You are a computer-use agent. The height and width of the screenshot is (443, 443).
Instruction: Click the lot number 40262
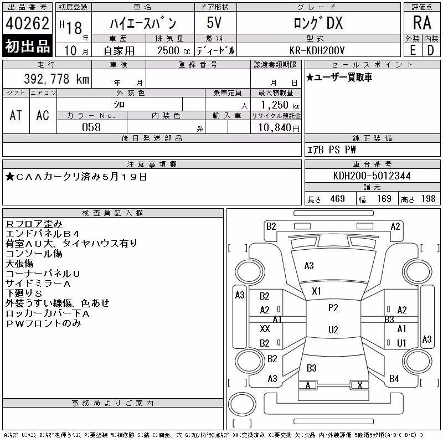point(27,23)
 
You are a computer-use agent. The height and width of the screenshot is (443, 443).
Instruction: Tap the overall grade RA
point(422,23)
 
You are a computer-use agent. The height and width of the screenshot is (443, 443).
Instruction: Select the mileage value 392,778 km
point(56,79)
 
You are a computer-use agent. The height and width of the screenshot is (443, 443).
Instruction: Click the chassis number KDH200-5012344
point(372,176)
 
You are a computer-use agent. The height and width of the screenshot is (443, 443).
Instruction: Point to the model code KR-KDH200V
point(317,50)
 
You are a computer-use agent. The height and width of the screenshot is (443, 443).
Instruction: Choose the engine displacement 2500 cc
point(173,51)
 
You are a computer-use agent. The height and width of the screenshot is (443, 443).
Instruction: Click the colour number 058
point(91,127)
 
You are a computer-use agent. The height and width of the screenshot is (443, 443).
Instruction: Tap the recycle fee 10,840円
point(279,128)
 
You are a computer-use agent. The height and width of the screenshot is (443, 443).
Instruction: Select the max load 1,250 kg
point(280,105)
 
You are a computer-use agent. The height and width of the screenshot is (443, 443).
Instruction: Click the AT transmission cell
point(16,115)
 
